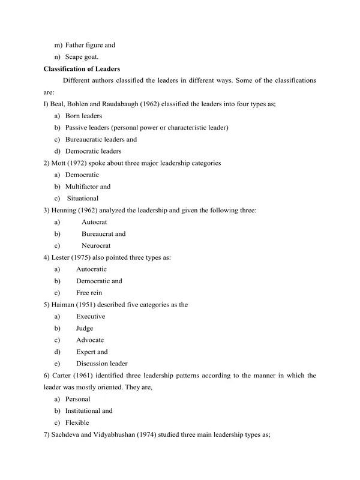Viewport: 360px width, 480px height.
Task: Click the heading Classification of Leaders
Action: (82, 69)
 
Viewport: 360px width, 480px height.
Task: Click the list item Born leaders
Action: (83, 116)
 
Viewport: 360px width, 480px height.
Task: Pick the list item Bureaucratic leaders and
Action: (101, 139)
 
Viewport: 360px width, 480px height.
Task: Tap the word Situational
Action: (83, 199)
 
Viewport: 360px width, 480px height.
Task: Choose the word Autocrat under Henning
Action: (94, 222)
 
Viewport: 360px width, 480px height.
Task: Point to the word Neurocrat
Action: (96, 246)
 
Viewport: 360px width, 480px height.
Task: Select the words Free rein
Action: (89, 293)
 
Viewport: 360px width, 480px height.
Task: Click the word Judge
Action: (85, 328)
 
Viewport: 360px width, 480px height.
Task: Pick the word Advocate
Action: (90, 340)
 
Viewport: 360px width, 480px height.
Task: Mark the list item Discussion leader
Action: (101, 364)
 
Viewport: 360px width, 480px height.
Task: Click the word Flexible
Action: (77, 423)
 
